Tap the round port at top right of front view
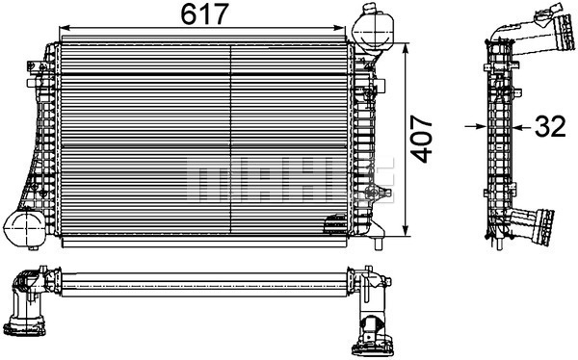click(371, 26)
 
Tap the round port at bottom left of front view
click(26, 228)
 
